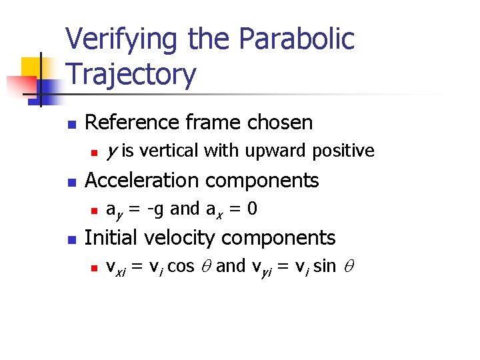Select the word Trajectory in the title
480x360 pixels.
[131, 74]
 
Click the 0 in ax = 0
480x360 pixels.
[252, 209]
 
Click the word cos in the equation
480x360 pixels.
[181, 267]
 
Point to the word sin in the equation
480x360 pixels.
[324, 267]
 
